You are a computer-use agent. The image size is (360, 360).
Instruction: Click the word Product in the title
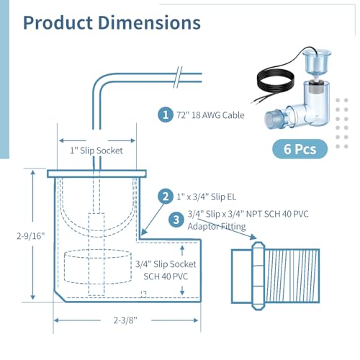click(58, 23)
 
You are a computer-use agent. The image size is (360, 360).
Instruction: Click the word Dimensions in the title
click(149, 23)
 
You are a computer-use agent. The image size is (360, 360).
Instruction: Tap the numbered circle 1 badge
click(166, 114)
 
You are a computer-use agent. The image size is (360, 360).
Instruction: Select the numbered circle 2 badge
click(166, 197)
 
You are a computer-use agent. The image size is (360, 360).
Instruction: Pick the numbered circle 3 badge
click(176, 220)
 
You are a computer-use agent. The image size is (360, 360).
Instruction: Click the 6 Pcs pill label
click(300, 149)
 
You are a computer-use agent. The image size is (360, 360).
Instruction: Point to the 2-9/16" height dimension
click(31, 236)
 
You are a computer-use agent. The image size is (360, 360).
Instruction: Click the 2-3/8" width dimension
click(125, 320)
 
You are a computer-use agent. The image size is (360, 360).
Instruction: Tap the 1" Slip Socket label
click(96, 150)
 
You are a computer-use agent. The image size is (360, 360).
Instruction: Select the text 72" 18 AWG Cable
click(210, 115)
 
